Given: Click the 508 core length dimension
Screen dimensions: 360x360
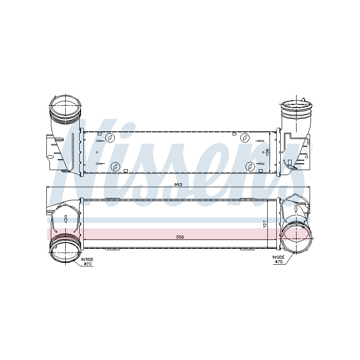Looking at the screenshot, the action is pos(180,237).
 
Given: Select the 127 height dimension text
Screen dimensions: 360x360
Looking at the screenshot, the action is pos(265,224).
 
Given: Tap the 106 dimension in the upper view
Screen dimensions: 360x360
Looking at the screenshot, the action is pos(267,152).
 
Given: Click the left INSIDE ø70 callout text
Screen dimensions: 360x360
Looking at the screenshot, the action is pos(87,261).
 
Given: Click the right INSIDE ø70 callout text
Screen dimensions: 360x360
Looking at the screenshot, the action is pos(278,259).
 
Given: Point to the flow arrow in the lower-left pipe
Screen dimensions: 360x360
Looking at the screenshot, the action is pos(66,219).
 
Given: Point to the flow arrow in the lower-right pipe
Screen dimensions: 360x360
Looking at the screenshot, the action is pos(296,209).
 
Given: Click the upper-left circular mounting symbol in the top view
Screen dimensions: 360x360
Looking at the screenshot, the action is pos(110,138).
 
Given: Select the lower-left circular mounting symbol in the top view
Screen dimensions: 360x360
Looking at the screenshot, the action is pos(116,166).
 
